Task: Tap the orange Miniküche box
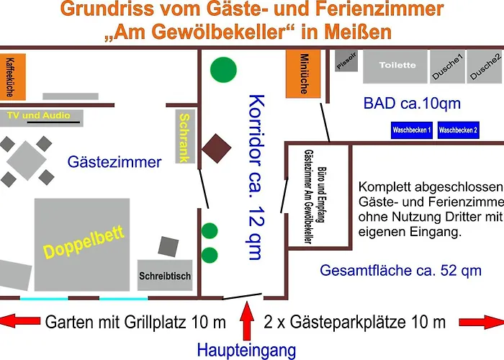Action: (x=302, y=74)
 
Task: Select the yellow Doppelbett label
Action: (x=83, y=242)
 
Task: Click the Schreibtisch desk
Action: (x=165, y=275)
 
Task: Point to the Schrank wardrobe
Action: (x=185, y=137)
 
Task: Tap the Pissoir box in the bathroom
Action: (x=346, y=62)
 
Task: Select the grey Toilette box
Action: (x=397, y=66)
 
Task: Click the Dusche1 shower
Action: (x=446, y=67)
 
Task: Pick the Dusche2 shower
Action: (x=484, y=66)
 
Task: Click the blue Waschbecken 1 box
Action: (x=411, y=130)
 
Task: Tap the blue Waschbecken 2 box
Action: (x=459, y=130)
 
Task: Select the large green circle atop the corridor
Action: (x=223, y=70)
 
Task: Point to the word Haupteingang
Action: (x=247, y=351)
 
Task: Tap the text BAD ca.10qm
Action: (x=412, y=104)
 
